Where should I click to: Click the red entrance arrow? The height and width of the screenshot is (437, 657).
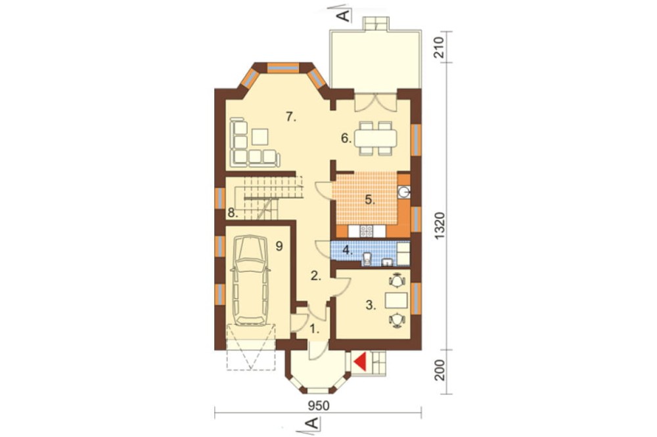[x=361, y=362]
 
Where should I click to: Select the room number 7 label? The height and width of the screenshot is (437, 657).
[x=291, y=117]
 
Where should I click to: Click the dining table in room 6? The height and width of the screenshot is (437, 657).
[x=375, y=138]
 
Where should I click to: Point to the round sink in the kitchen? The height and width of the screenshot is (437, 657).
[x=404, y=192]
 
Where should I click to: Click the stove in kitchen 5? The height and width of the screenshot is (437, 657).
[x=367, y=231]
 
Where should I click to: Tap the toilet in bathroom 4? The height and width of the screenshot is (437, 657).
[x=367, y=259]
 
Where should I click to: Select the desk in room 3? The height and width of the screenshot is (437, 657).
[x=396, y=300]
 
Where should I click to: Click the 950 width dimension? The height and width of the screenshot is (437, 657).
[x=319, y=406]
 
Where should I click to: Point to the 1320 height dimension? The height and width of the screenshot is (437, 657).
[x=440, y=226]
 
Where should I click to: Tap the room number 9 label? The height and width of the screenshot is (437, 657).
[x=279, y=246]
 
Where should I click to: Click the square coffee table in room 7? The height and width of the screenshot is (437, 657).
[x=260, y=136]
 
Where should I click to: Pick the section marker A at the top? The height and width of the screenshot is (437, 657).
[x=343, y=16]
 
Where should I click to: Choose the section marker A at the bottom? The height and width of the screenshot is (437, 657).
[x=312, y=423]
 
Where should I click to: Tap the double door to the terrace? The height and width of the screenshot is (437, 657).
[x=375, y=102]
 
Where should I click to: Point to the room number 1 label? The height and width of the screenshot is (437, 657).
[x=314, y=329]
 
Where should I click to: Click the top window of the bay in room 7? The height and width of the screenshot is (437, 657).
[x=283, y=68]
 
